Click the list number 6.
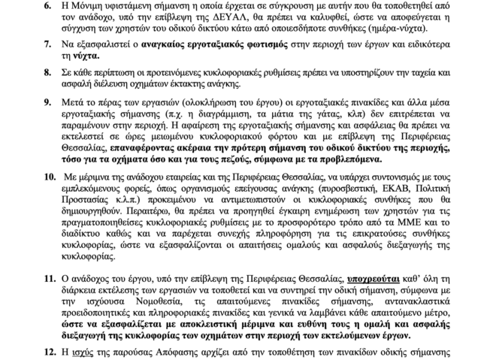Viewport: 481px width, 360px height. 47,6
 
